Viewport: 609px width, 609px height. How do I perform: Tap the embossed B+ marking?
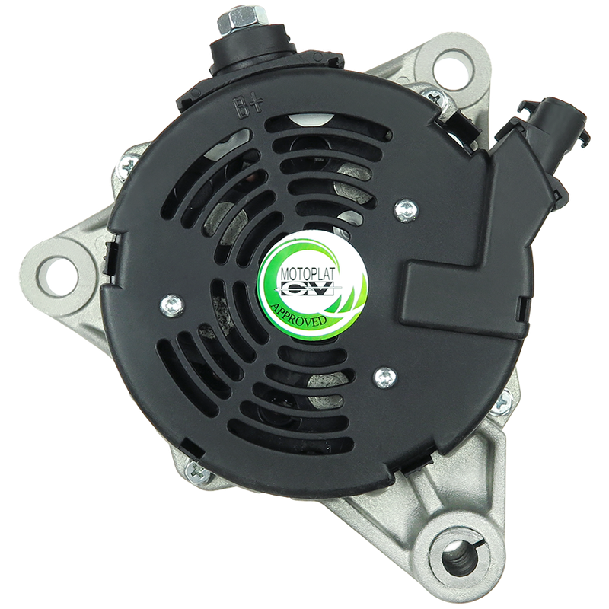pos(247,108)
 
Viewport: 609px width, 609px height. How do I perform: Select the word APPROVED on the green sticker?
pos(299,314)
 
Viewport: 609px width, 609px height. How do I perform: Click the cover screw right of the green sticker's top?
pos(406,210)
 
